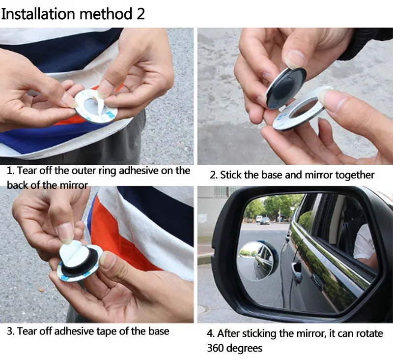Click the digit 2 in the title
tap(140, 14)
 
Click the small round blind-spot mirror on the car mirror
tap(257, 260)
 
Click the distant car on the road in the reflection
tap(265, 221)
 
